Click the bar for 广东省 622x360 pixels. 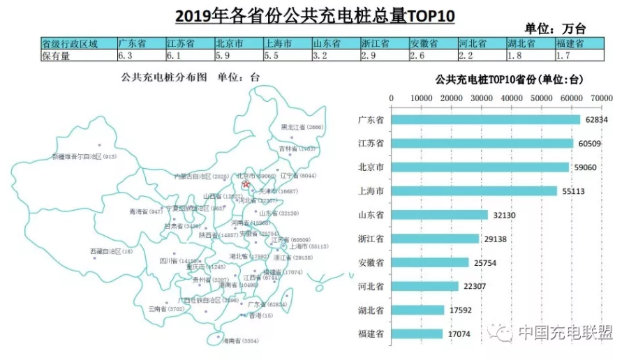485,119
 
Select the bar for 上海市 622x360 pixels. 474,190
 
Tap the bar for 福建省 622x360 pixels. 417,333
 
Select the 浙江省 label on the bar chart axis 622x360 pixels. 370,239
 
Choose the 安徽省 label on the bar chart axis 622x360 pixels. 370,262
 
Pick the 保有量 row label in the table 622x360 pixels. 57,55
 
